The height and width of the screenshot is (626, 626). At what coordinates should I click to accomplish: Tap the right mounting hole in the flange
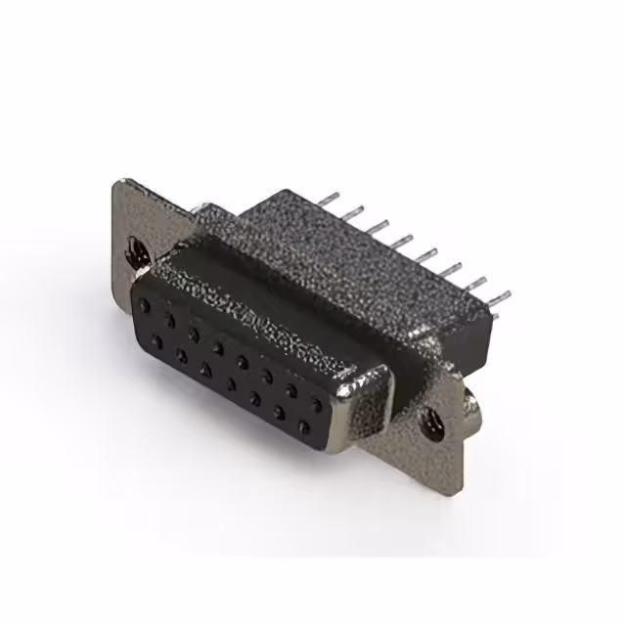point(429,423)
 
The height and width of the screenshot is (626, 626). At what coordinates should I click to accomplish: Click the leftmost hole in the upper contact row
point(146,306)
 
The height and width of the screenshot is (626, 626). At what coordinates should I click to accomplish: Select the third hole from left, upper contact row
point(194,334)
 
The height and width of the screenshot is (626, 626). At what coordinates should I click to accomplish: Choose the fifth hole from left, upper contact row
point(242,361)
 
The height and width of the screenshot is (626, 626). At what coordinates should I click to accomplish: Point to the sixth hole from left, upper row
point(266,375)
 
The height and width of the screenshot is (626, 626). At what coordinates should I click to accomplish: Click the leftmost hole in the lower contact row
point(156,340)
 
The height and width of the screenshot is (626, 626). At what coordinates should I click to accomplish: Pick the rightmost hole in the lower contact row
point(303,426)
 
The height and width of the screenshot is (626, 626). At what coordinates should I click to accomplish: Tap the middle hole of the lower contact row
point(230,383)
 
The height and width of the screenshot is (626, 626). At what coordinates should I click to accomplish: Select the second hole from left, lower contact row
point(181,355)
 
